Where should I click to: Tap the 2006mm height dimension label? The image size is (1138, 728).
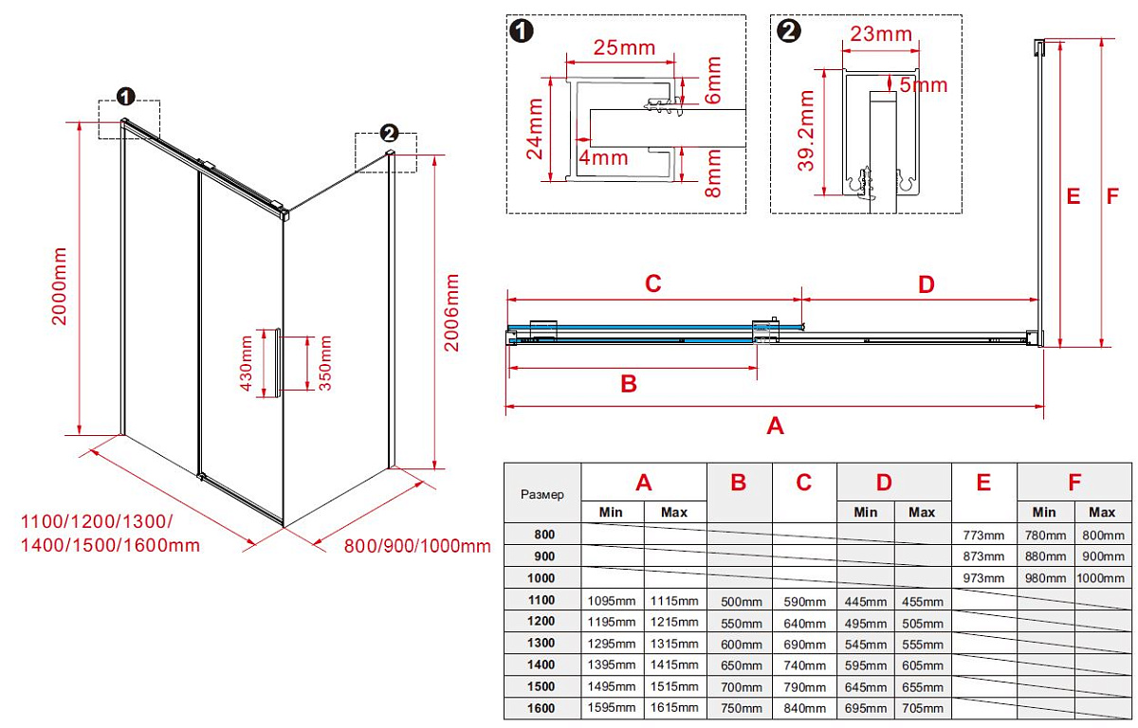453,313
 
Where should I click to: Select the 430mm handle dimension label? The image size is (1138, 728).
247,363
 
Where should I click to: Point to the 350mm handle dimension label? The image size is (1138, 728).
325,363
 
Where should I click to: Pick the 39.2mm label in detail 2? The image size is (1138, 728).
807,131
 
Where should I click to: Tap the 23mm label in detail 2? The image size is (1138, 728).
880,35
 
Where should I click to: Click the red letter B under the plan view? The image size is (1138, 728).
628,384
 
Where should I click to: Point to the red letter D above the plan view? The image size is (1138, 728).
927,283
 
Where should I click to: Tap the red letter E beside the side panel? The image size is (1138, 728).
1074,197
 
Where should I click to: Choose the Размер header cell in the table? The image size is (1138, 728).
542,494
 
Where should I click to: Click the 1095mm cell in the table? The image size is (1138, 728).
612,600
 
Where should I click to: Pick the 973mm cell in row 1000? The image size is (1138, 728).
983,578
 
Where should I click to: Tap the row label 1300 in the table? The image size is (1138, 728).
542,644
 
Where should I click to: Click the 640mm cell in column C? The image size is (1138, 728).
804,623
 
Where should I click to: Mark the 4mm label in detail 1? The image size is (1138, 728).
604,157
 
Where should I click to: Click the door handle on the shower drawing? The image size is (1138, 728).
276,362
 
